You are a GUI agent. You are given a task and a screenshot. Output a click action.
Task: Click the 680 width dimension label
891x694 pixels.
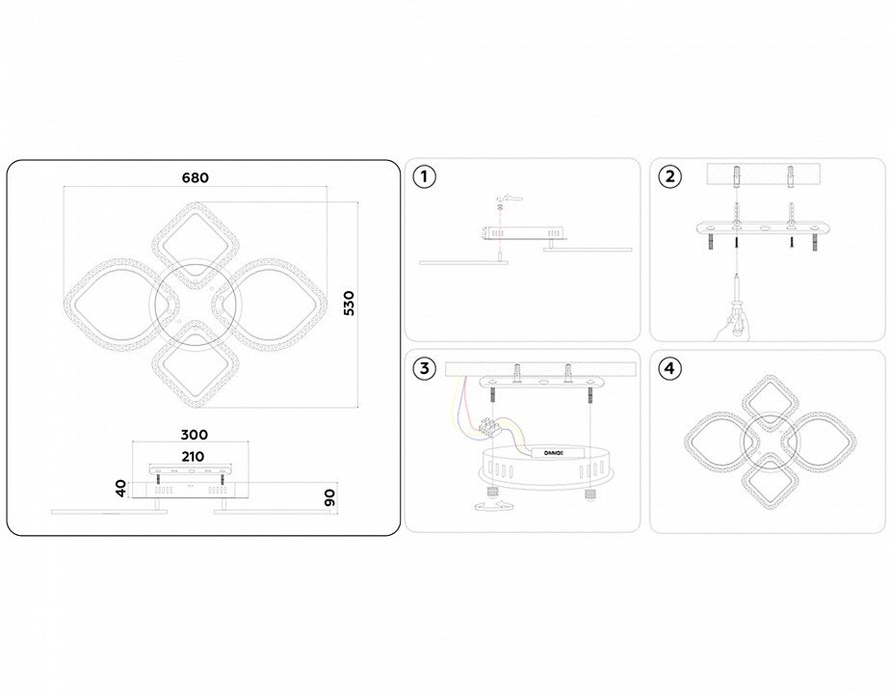point(195,178)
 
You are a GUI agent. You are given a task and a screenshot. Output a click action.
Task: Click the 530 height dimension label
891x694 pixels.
point(349,303)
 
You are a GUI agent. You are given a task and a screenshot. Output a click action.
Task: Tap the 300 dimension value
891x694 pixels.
point(195,435)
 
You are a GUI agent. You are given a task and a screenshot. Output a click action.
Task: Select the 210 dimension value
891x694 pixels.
point(193,456)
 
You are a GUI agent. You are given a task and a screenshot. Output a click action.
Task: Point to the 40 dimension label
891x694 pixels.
point(121,488)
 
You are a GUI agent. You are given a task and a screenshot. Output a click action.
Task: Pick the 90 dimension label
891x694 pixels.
point(329,497)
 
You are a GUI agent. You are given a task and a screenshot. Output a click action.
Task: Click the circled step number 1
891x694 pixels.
point(424,176)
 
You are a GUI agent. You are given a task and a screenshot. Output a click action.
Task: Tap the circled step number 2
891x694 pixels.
point(670,176)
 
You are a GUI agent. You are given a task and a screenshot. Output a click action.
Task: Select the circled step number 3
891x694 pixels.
point(424,368)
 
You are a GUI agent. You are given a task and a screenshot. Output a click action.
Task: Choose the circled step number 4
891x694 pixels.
point(670,368)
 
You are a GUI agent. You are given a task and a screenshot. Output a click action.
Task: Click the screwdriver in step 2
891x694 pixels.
point(737,304)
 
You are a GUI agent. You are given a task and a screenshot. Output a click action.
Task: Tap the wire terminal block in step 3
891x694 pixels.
point(489,427)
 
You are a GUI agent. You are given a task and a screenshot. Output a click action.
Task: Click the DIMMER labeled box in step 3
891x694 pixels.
point(555,453)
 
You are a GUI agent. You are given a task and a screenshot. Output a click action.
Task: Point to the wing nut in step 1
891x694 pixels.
point(511,200)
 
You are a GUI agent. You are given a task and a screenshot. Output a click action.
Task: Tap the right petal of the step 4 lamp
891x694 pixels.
point(819,441)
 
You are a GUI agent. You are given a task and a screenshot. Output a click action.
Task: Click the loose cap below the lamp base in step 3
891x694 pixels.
point(492,506)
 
